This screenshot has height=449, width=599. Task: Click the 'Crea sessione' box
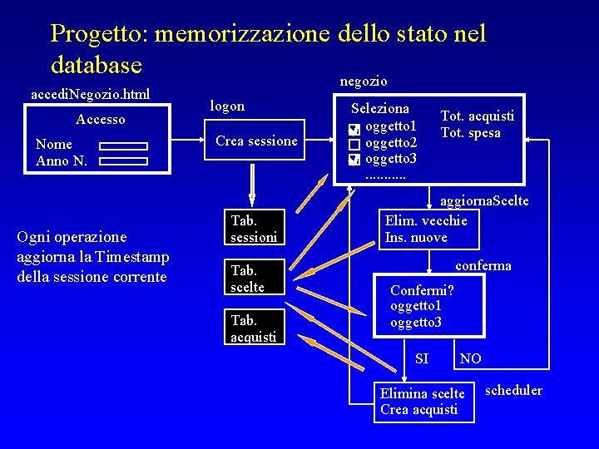(x=255, y=141)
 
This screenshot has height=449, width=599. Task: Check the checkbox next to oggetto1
(x=354, y=129)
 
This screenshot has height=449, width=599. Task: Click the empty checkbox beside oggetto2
(x=354, y=144)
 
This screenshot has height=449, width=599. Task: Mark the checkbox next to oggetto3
(x=354, y=159)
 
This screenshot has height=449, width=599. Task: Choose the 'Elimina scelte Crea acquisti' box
(x=423, y=402)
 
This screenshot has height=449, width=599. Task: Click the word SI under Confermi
(x=422, y=358)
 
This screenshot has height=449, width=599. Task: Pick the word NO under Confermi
(x=470, y=358)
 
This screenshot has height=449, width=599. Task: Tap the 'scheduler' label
(x=512, y=390)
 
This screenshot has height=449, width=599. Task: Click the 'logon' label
(x=227, y=106)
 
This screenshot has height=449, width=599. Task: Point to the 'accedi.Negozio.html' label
(x=91, y=94)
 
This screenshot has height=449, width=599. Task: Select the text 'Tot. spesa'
(x=470, y=133)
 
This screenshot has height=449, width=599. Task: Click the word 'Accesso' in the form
(x=101, y=120)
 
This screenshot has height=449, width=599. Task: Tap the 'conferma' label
(x=483, y=265)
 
